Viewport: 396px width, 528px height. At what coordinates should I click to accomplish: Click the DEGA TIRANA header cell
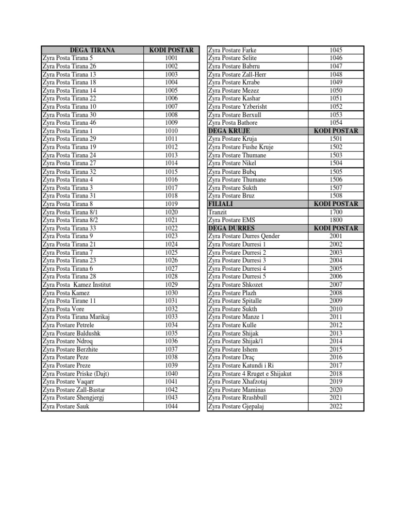pos(92,50)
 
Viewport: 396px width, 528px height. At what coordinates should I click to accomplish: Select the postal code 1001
pos(171,58)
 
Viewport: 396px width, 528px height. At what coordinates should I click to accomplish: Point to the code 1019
pos(171,204)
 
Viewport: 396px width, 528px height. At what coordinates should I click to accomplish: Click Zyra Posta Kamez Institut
pos(77,285)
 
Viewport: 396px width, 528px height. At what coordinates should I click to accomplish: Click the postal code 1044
pos(171,406)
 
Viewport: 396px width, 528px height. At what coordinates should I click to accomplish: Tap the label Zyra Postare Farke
pos(232,50)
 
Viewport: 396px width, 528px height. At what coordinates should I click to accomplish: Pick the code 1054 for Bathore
pos(336,123)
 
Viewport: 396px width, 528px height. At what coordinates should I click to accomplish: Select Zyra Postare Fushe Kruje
pos(241,147)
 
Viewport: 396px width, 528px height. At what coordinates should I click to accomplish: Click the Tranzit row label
pos(218,212)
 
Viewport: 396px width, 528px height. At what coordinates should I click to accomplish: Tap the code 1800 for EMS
pos(336,220)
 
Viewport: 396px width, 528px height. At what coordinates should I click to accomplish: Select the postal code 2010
pos(336,309)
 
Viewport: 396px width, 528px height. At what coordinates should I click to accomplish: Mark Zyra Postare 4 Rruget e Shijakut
pos(250,373)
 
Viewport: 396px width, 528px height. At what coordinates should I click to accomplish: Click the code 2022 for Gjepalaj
pos(336,406)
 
